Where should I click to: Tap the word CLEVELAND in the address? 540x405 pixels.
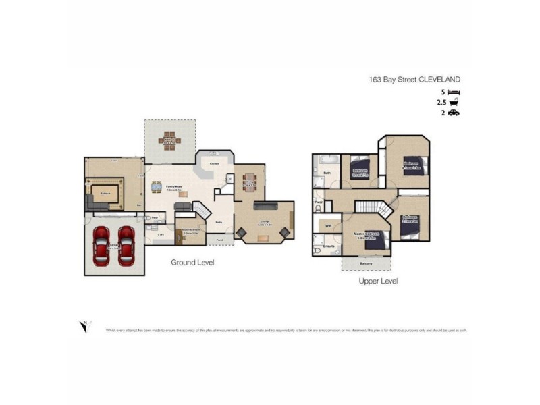[x=439, y=79]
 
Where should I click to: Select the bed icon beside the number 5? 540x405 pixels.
[x=454, y=91]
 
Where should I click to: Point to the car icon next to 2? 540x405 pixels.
[x=454, y=113]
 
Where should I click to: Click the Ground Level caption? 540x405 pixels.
[x=192, y=262]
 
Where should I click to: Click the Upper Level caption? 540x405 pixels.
[x=378, y=280]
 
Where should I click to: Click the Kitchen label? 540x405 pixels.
[x=215, y=164]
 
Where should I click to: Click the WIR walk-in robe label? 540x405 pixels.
[x=329, y=225]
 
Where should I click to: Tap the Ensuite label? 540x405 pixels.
[x=329, y=246]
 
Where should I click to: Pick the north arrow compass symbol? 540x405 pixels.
[x=83, y=326]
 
